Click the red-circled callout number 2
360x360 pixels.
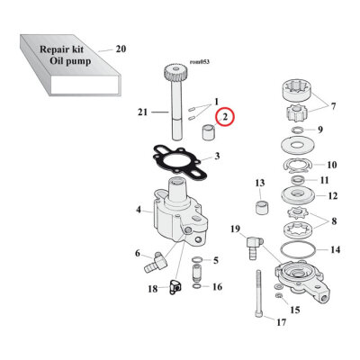224,116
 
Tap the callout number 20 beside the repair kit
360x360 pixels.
121,49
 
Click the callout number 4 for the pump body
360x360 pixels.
139,211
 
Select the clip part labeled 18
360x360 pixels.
175,288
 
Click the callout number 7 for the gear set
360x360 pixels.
336,107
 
